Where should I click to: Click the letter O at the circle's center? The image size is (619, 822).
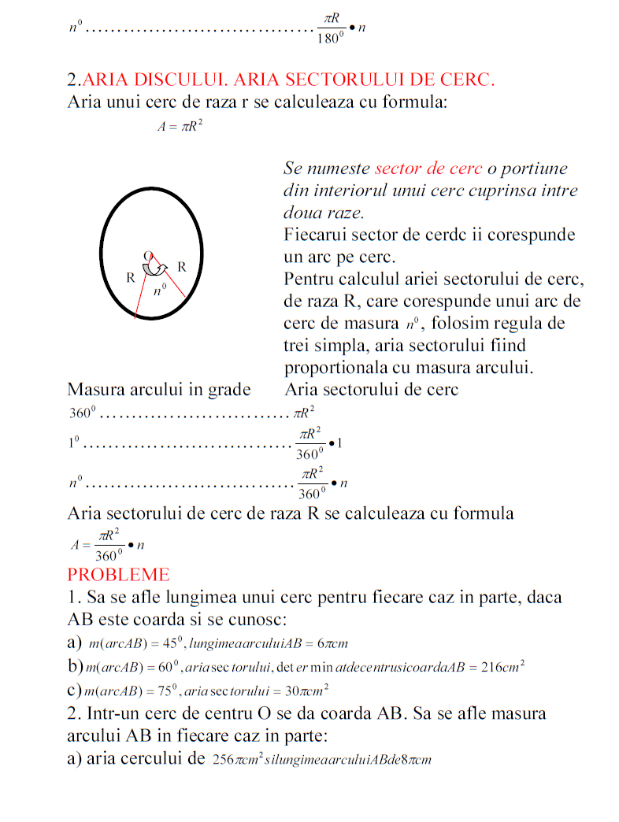click(147, 254)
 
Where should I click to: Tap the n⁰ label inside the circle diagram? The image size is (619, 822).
click(160, 290)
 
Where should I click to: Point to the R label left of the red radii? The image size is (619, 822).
click(131, 278)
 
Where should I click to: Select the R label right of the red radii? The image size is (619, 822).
click(181, 266)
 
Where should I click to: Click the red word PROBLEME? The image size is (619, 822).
click(118, 573)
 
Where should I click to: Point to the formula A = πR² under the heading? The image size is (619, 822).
click(180, 127)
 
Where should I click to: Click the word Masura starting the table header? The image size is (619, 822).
click(95, 390)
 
